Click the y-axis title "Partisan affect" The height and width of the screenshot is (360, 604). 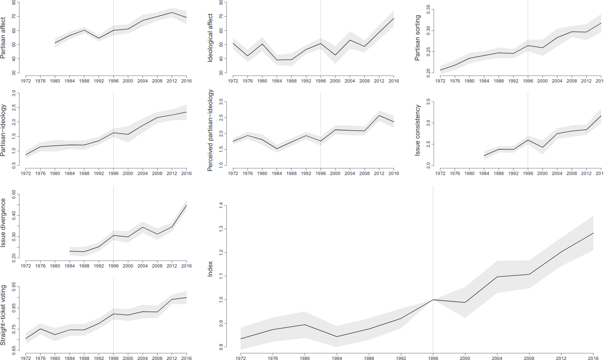tap(3, 38)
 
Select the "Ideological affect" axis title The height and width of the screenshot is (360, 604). tap(210, 38)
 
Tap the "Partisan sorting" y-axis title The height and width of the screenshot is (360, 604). tap(417, 38)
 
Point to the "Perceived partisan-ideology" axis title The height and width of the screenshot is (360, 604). tap(210, 130)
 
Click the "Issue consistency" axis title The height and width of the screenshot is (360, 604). tap(417, 130)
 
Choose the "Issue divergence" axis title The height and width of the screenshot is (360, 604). tap(3, 223)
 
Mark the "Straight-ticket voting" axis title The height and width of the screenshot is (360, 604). tap(3, 315)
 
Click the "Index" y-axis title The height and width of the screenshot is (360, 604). tap(210, 269)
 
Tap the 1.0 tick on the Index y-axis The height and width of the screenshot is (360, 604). tap(221, 299)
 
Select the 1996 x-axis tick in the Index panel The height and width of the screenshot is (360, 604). tap(433, 358)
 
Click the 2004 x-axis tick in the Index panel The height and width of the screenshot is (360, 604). tap(497, 358)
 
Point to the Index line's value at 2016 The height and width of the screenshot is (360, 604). tap(593, 233)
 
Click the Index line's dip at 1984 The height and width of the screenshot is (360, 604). tap(337, 336)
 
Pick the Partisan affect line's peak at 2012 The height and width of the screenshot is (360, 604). tap(172, 12)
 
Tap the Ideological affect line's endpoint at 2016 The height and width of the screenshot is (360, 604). tap(393, 18)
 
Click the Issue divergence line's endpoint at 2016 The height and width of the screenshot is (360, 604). tap(186, 205)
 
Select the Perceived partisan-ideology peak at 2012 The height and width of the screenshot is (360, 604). tap(379, 115)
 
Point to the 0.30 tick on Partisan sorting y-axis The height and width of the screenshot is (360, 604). tap(429, 30)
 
